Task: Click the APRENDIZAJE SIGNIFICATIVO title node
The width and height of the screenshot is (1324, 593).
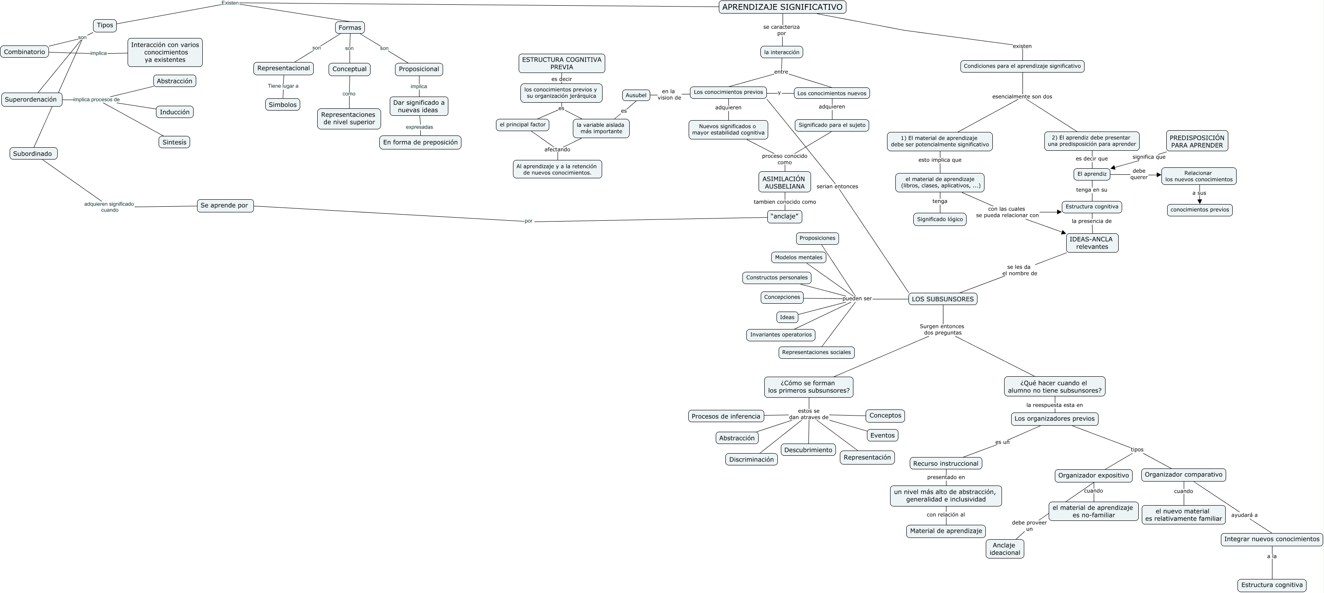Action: pyautogui.click(x=782, y=7)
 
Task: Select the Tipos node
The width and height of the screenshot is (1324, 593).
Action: pyautogui.click(x=105, y=25)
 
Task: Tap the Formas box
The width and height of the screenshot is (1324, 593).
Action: pyautogui.click(x=350, y=28)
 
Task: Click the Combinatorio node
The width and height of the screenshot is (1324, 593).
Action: pyautogui.click(x=24, y=52)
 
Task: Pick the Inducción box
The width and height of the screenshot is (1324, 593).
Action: pyautogui.click(x=175, y=112)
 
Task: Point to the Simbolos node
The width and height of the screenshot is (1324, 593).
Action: pyautogui.click(x=283, y=105)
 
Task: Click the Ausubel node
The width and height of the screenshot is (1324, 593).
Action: pyautogui.click(x=636, y=95)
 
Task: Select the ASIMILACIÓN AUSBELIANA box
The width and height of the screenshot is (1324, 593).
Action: pyautogui.click(x=784, y=182)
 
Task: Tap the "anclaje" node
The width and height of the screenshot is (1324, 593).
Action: pyautogui.click(x=785, y=216)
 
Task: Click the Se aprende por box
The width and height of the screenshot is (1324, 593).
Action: pyautogui.click(x=225, y=205)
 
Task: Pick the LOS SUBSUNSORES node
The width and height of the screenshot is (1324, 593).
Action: pyautogui.click(x=943, y=299)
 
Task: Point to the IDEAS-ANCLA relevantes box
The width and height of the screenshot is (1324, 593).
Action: pyautogui.click(x=1092, y=243)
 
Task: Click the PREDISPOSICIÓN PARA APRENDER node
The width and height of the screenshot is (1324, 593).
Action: pyautogui.click(x=1197, y=141)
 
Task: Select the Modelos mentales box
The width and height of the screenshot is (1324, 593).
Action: pyautogui.click(x=799, y=257)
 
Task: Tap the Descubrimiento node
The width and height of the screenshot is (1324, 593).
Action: pyautogui.click(x=808, y=450)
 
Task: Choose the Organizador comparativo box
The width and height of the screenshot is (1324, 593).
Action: pyautogui.click(x=1183, y=475)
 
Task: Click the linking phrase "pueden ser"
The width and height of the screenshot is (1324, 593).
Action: pyautogui.click(x=857, y=298)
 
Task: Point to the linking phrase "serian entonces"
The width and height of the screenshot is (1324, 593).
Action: pyautogui.click(x=837, y=187)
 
